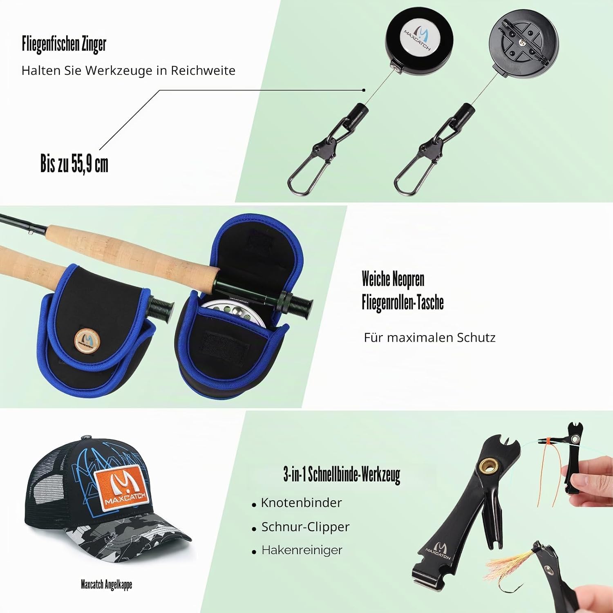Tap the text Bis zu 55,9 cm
pyautogui.click(x=74, y=164)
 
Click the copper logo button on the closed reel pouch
pyautogui.click(x=86, y=339)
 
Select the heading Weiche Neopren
pyautogui.click(x=393, y=280)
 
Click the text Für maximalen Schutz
pyautogui.click(x=430, y=338)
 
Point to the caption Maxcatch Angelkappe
pyautogui.click(x=106, y=585)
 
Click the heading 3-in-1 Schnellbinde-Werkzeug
pyautogui.click(x=342, y=475)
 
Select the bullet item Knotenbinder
pyautogui.click(x=301, y=503)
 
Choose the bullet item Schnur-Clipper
pyautogui.click(x=305, y=527)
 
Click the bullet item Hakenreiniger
pyautogui.click(x=302, y=550)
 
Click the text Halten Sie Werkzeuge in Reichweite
pyautogui.click(x=128, y=70)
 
